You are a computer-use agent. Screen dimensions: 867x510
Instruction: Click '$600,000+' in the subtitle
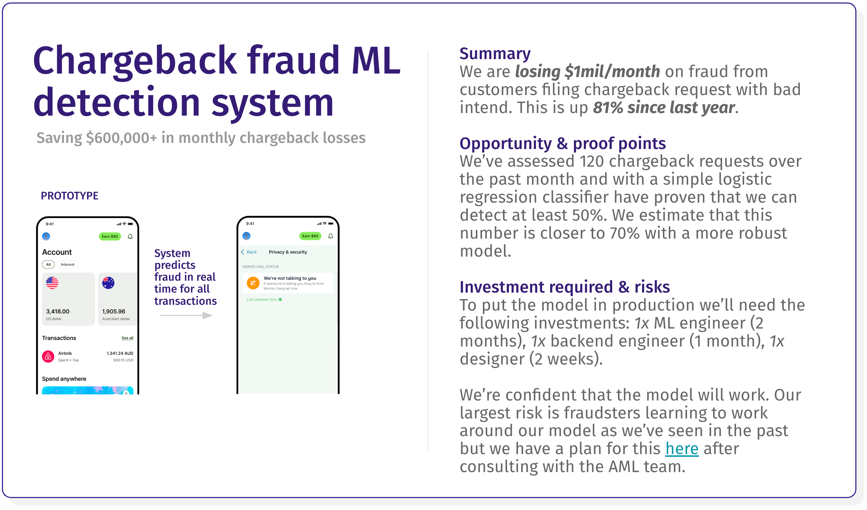coord(122,138)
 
